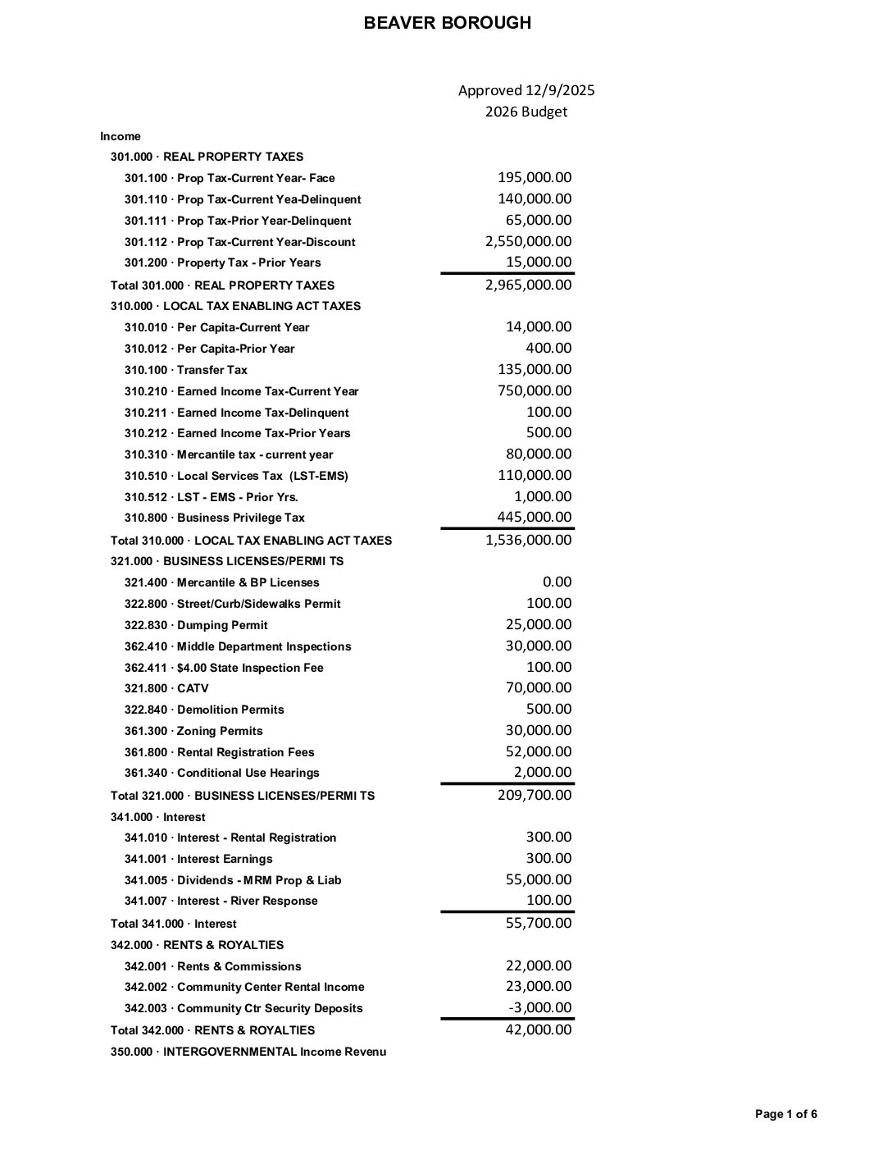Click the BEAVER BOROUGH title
[x=447, y=23]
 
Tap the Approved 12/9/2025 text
[x=526, y=90]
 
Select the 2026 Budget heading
[x=526, y=112]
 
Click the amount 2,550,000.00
[x=528, y=241]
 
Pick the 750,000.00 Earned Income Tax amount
[x=535, y=390]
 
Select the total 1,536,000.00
[x=528, y=540]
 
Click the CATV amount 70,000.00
[x=538, y=687]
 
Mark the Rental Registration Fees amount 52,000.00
[x=538, y=751]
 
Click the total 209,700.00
[x=535, y=794]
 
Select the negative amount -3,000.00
[x=540, y=1007]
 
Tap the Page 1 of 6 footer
[x=785, y=1114]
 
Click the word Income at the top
[x=121, y=136]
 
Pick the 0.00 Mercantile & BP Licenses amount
[x=557, y=582]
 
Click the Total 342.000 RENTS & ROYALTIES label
[x=212, y=1030]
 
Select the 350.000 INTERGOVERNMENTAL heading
[x=248, y=1052]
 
